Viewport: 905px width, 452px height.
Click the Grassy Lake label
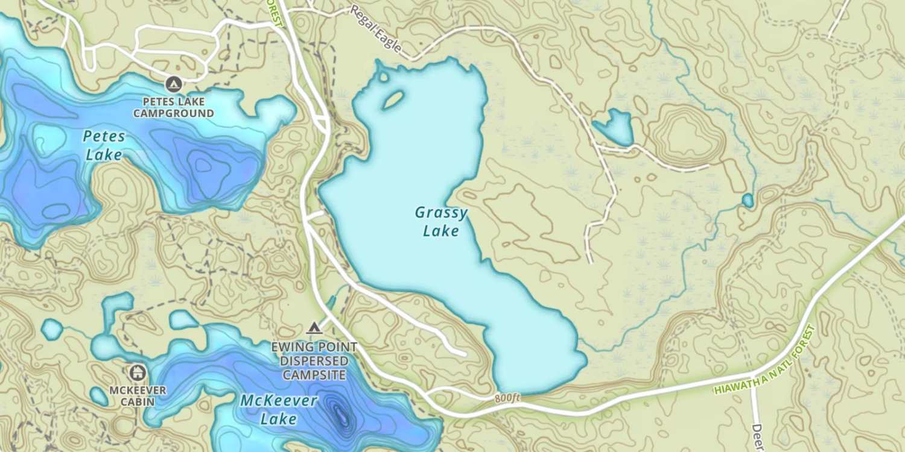coord(441,221)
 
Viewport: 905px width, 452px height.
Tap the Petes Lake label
coord(104,145)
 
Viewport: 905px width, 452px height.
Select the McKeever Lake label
coord(279,409)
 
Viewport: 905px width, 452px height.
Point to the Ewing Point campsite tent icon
coord(313,328)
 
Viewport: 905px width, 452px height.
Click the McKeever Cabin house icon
coord(138,372)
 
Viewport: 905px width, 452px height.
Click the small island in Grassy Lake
coord(393,99)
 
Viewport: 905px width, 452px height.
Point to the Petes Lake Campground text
coord(174,107)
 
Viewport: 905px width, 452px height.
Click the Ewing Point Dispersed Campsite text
coord(314,361)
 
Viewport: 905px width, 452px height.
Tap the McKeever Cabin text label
coord(138,395)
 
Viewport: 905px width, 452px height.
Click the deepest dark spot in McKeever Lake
coord(340,414)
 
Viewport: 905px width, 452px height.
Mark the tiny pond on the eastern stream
coord(748,200)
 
